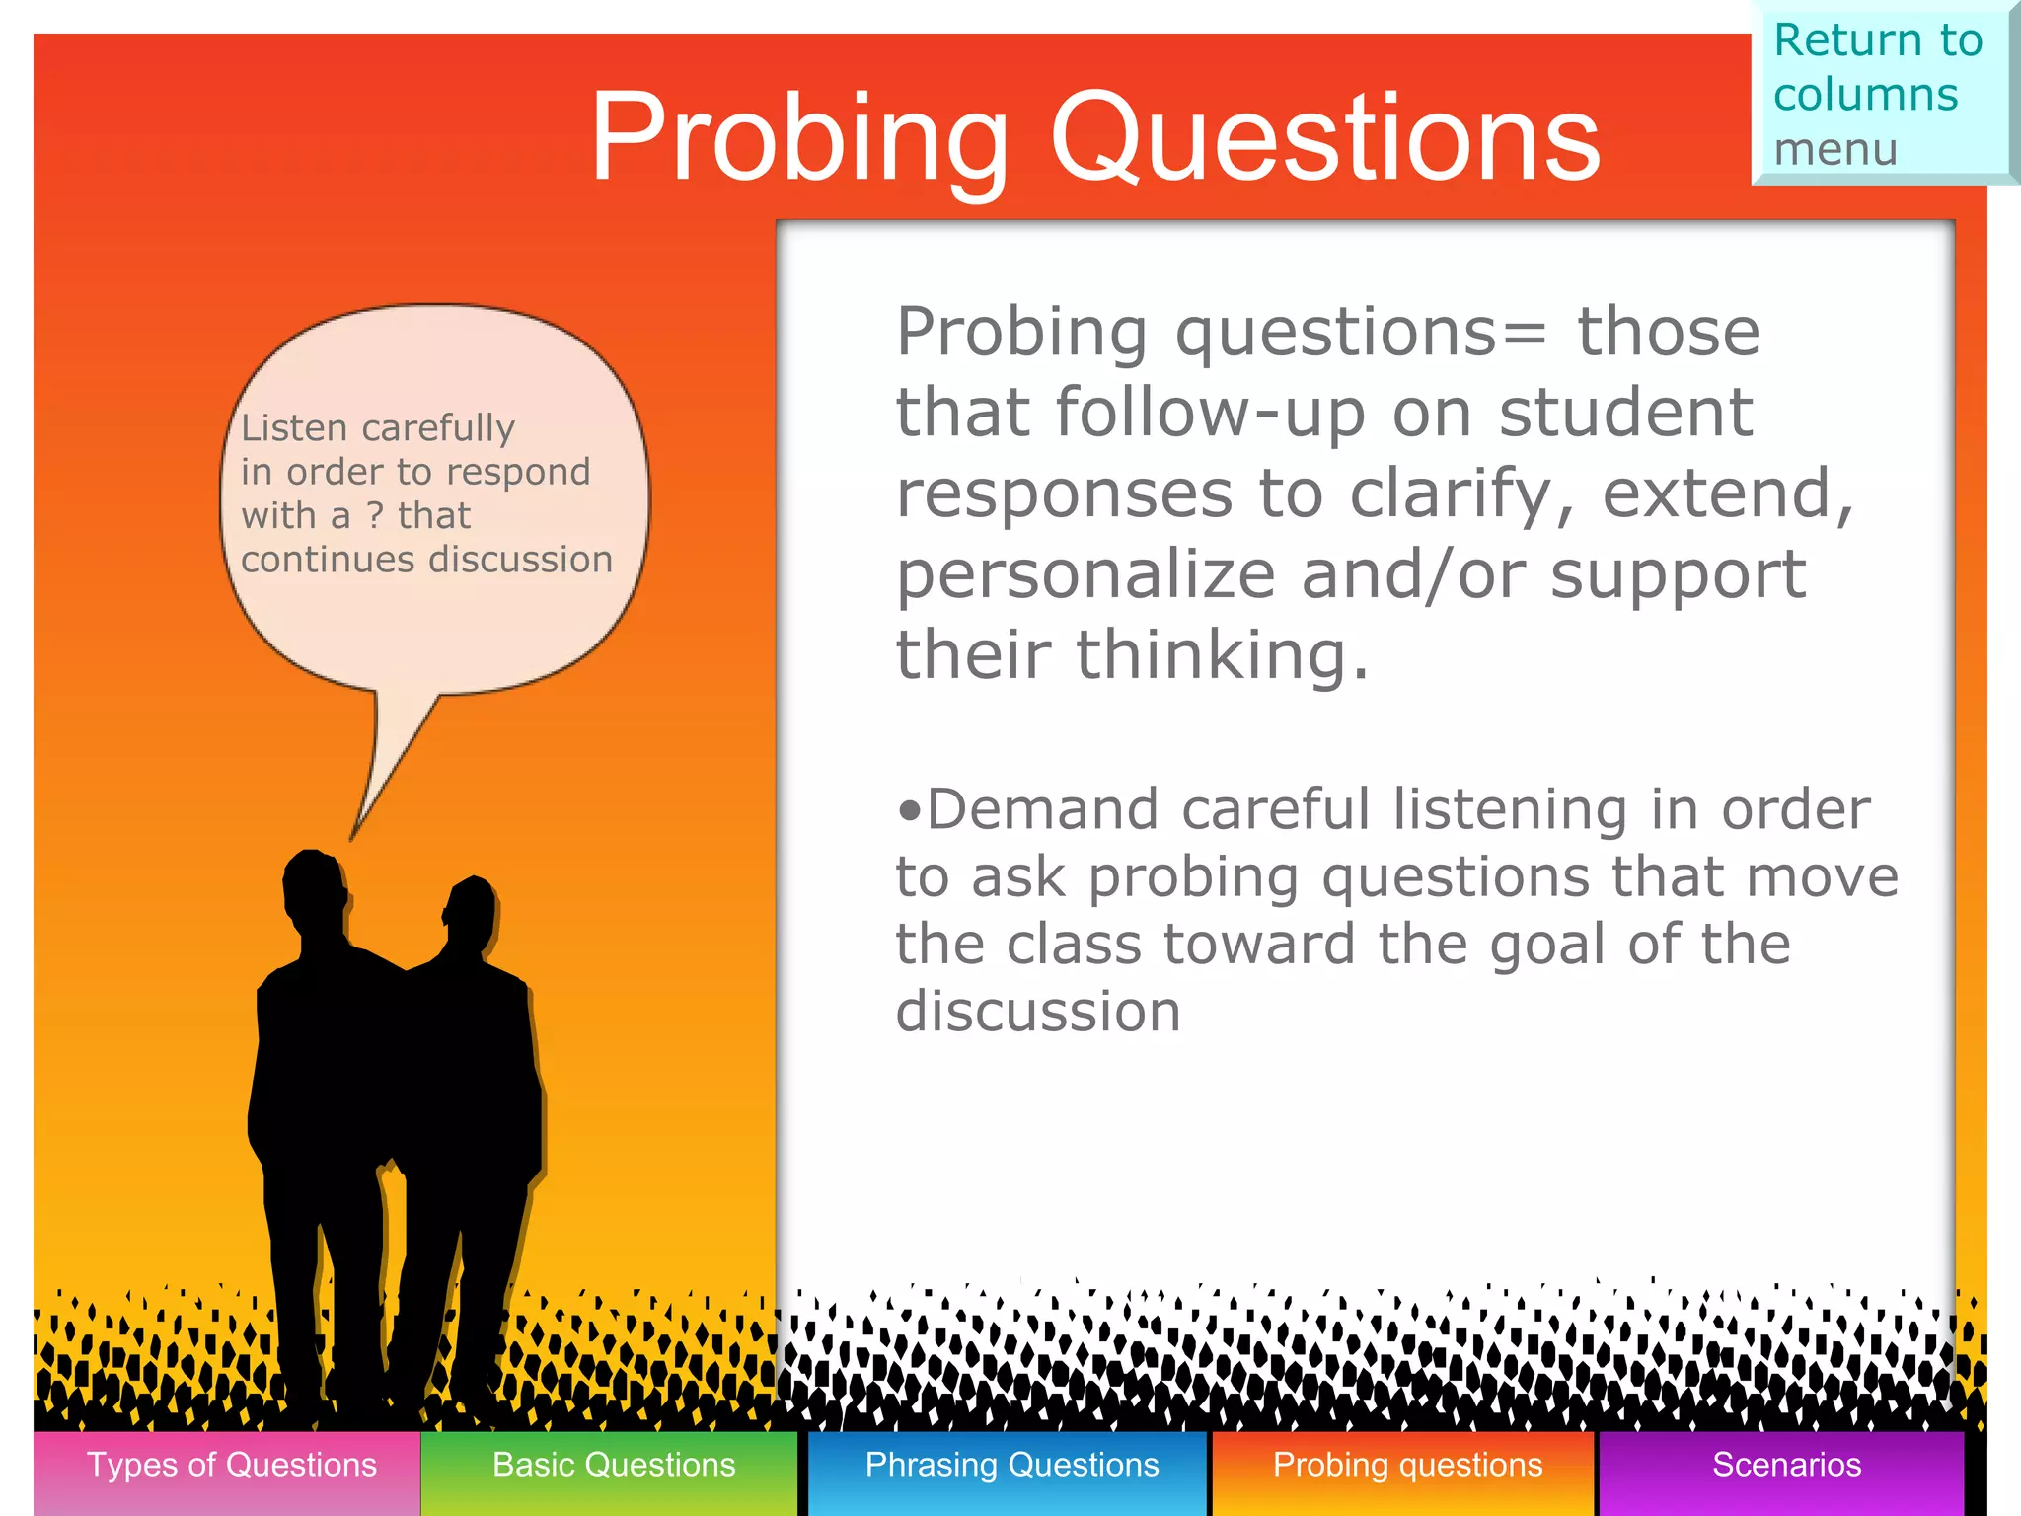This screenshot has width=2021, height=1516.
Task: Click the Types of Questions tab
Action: (x=230, y=1466)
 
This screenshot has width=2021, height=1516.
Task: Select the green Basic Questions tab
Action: (x=613, y=1466)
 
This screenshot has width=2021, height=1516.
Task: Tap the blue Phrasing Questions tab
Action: (x=1010, y=1466)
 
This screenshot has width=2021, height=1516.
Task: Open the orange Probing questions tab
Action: (x=1406, y=1466)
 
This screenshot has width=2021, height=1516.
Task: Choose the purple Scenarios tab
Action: (x=1785, y=1466)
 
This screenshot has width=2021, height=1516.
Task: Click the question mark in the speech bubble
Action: (x=374, y=515)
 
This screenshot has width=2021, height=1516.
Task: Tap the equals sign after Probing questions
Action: (x=1524, y=333)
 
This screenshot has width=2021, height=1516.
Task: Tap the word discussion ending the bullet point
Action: (x=1037, y=1012)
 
